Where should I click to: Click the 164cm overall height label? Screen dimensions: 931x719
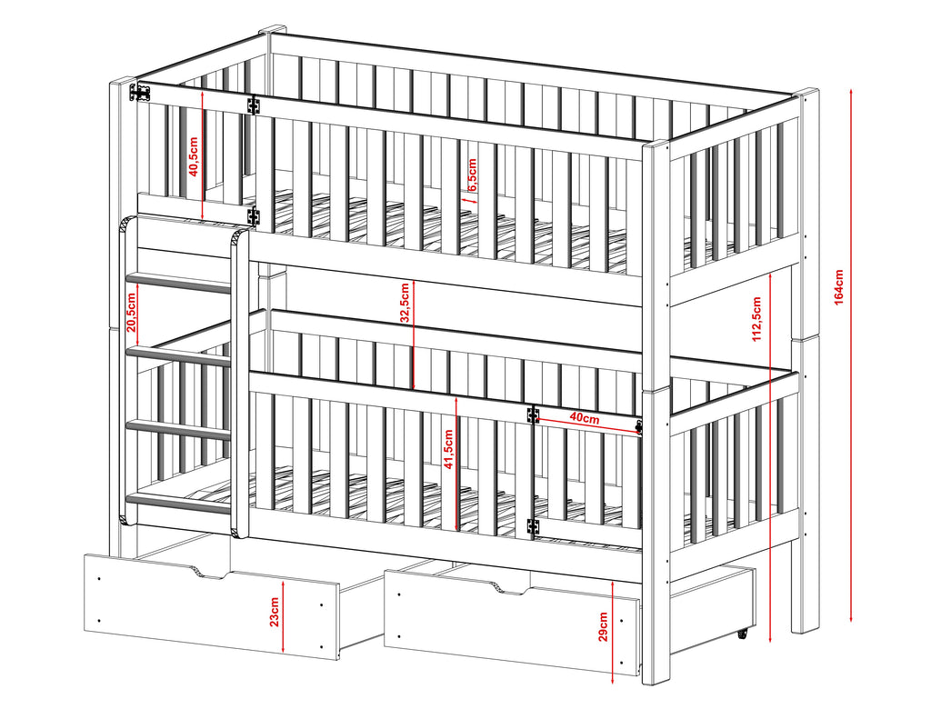(x=838, y=286)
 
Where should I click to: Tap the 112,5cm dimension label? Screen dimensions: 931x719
(x=756, y=319)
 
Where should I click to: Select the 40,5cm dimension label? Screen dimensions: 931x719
(x=194, y=156)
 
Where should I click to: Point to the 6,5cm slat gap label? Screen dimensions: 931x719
(x=472, y=175)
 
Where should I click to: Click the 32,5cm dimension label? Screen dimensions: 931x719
(x=405, y=303)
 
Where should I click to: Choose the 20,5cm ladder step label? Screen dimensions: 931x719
(x=131, y=313)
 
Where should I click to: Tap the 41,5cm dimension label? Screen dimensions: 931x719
(x=448, y=449)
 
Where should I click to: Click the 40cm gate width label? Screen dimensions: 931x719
(x=585, y=418)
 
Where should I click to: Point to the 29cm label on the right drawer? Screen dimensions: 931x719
(x=603, y=627)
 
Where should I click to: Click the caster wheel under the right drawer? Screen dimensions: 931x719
(x=743, y=634)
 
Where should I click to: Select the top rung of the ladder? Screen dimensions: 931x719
(x=179, y=283)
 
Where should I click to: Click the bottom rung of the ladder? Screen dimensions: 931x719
(x=179, y=504)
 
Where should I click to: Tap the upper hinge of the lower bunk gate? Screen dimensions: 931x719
(x=533, y=414)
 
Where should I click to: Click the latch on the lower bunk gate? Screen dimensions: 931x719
(x=639, y=427)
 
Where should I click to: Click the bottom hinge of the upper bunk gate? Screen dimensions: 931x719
(x=254, y=216)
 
